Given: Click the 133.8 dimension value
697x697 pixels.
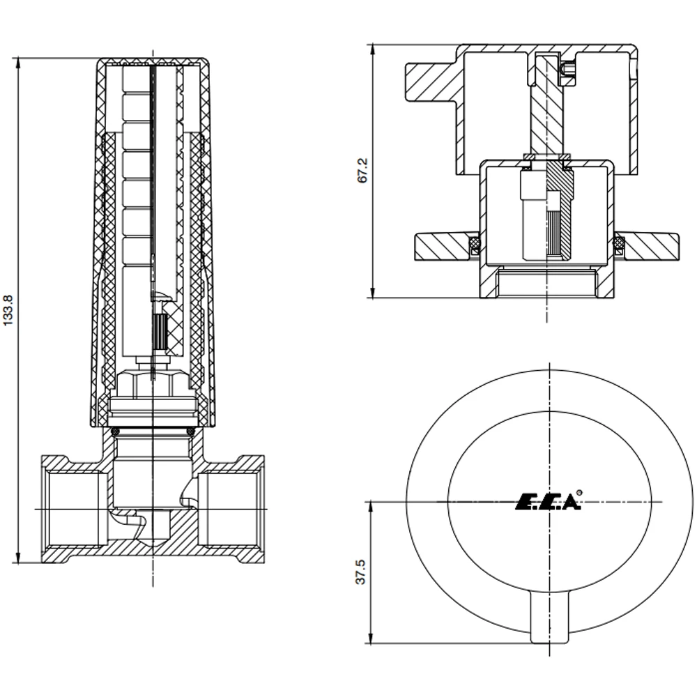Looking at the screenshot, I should pos(8,311).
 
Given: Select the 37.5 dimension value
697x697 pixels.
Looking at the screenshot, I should pos(360,572).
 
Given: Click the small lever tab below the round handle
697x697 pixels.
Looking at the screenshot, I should pos(550,616).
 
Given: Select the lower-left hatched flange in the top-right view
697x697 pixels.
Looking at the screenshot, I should pos(441,245).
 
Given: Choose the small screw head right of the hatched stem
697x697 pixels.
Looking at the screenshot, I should pos(568,68).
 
